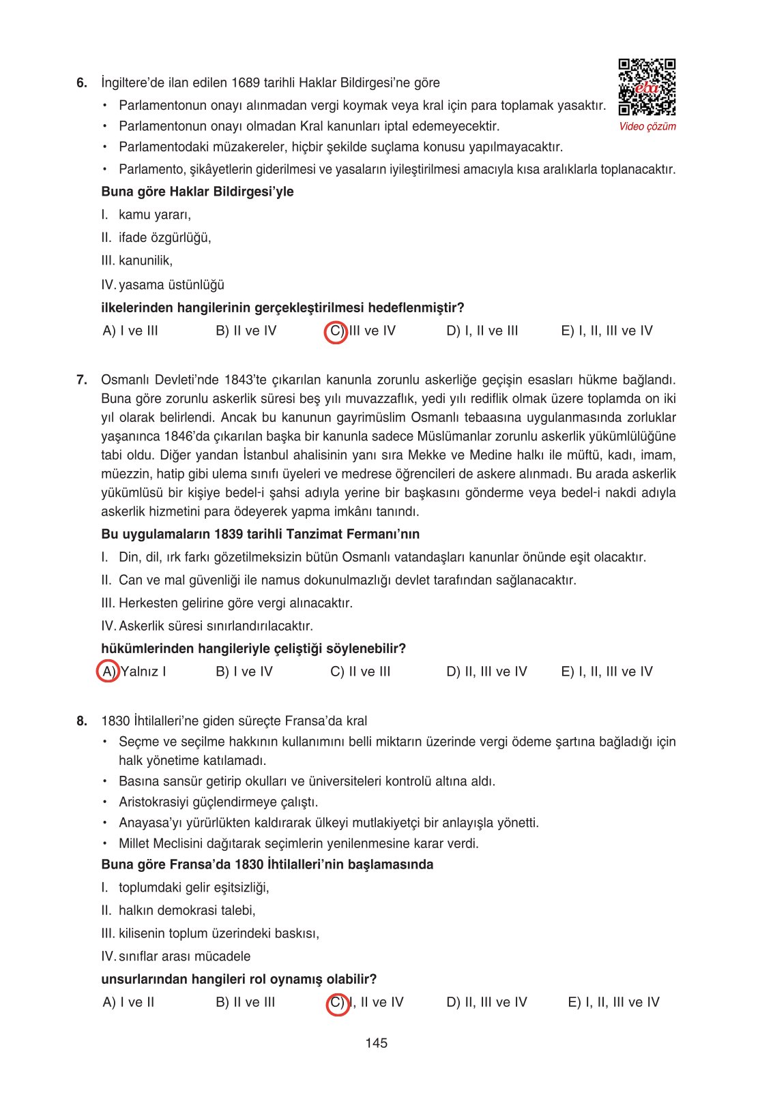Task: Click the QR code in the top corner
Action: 647,87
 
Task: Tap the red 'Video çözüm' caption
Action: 647,126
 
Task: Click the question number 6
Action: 82,83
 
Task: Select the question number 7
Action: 82,380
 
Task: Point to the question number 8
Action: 82,721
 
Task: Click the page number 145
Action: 377,1043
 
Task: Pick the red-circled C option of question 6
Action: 336,331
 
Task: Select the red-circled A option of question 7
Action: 108,672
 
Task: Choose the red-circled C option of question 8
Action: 337,1003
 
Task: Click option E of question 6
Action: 607,331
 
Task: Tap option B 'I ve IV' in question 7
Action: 244,672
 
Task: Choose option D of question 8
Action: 486,1003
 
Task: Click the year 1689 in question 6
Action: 246,83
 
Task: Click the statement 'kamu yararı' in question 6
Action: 154,215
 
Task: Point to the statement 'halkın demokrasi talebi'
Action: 187,911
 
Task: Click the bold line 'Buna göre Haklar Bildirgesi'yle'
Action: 197,192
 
